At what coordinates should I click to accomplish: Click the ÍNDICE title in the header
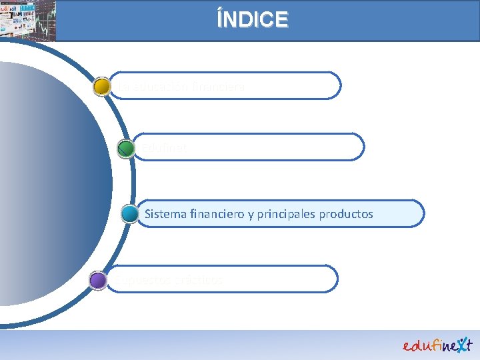point(253,19)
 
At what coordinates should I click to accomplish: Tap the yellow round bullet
point(102,87)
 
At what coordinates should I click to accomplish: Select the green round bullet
point(125,148)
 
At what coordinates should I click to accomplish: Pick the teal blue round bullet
point(131,214)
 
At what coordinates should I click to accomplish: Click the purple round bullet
point(98,280)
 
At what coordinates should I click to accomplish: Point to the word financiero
point(216,214)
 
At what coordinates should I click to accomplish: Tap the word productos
point(347,214)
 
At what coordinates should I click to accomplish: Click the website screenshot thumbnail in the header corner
point(19,20)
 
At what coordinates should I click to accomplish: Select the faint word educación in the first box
point(160,87)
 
